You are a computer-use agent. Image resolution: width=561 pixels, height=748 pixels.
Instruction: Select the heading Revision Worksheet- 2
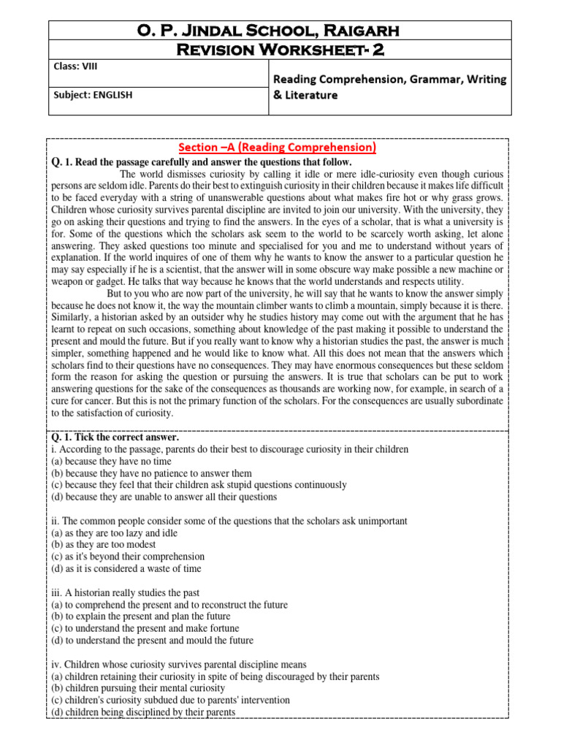pyautogui.click(x=280, y=49)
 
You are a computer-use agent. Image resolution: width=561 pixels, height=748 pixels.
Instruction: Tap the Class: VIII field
pyautogui.click(x=75, y=66)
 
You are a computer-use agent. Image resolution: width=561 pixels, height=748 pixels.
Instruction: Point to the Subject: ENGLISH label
pyautogui.click(x=93, y=93)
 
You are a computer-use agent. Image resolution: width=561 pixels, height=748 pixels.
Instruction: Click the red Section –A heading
pyautogui.click(x=280, y=148)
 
